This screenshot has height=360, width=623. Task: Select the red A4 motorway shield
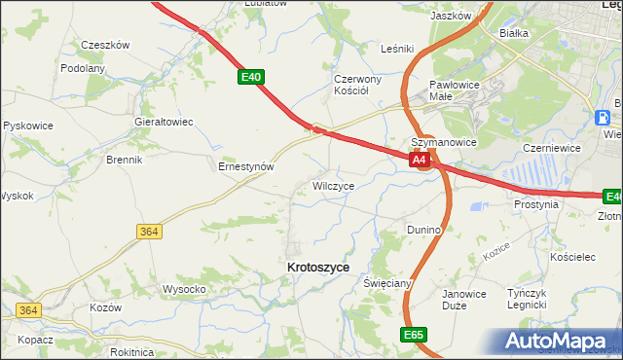420,160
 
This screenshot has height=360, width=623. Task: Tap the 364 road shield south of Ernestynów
148,231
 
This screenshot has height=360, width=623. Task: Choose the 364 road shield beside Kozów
27,310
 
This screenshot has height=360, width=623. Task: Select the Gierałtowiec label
164,122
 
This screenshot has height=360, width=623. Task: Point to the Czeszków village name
105,45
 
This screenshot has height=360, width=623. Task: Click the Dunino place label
424,230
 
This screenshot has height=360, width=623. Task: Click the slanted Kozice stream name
495,256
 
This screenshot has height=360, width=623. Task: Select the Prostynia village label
535,205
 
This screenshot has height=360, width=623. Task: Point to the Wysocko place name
183,289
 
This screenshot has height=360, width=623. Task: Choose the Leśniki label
397,48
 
